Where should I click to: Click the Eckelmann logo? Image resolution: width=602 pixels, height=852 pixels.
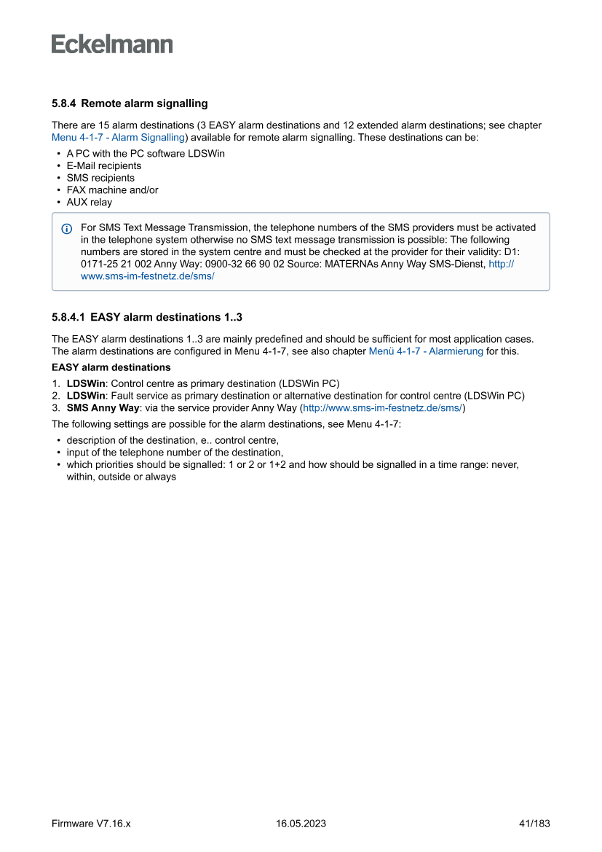point(112,44)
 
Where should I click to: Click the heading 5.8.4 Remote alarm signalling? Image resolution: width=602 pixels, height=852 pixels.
point(130,103)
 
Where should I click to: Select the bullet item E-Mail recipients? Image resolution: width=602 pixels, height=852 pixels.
point(103,165)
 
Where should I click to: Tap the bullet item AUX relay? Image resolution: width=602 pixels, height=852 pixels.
point(89,202)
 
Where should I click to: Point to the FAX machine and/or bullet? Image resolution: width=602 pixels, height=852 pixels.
point(112,190)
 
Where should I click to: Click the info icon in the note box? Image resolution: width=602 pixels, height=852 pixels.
point(67,229)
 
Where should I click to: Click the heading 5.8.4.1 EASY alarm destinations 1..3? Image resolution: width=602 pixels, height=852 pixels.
point(146,318)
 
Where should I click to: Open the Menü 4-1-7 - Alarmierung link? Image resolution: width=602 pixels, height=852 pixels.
point(426,351)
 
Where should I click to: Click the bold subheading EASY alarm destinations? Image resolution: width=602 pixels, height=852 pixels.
point(111,367)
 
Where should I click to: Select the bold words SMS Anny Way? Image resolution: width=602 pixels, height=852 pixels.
point(103,408)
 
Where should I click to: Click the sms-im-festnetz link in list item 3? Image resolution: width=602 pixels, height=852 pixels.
point(382,408)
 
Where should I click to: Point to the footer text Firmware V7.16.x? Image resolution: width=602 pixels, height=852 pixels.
point(91,824)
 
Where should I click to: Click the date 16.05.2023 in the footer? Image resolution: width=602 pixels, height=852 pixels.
point(301,824)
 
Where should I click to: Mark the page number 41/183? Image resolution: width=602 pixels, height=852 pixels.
point(534,824)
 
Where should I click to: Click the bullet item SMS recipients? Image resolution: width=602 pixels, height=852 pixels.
point(100,178)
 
